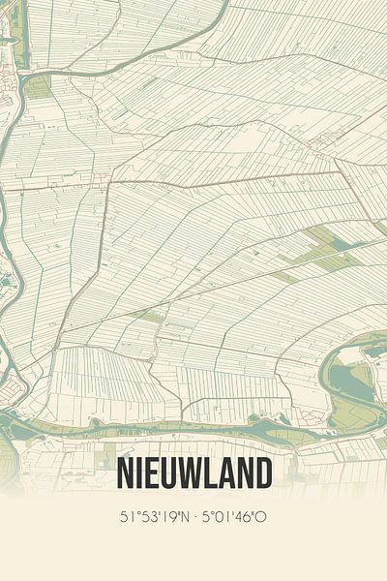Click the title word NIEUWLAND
click(x=193, y=474)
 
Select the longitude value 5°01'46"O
click(x=233, y=517)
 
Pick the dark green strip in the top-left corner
click(x=22, y=29)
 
